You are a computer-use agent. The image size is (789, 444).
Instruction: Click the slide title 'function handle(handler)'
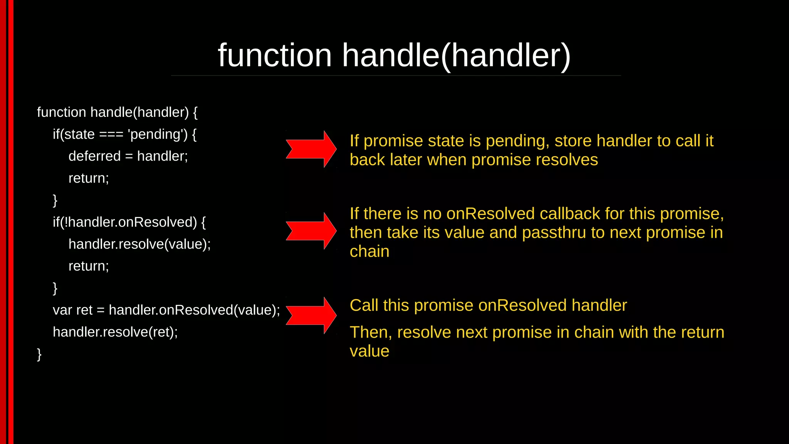coord(394,55)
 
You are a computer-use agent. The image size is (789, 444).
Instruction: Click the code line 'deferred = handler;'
coord(128,156)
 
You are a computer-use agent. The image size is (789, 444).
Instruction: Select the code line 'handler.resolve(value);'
coord(139,244)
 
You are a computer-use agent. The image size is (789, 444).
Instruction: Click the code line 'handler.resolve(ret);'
coord(115,332)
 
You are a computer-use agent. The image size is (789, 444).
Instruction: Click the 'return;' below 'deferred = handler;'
coord(89,178)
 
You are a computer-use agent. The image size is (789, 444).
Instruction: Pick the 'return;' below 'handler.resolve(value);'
coord(89,266)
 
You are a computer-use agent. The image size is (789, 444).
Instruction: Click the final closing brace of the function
coord(39,354)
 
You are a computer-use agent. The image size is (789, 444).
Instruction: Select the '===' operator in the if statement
coord(111,135)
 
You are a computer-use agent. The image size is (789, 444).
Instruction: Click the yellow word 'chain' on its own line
coord(369,251)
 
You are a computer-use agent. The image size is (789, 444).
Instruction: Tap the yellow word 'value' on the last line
coord(369,351)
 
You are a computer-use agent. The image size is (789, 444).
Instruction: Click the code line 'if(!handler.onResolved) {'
coord(129,222)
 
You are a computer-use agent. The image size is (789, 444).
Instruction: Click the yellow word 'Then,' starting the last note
coord(371,332)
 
